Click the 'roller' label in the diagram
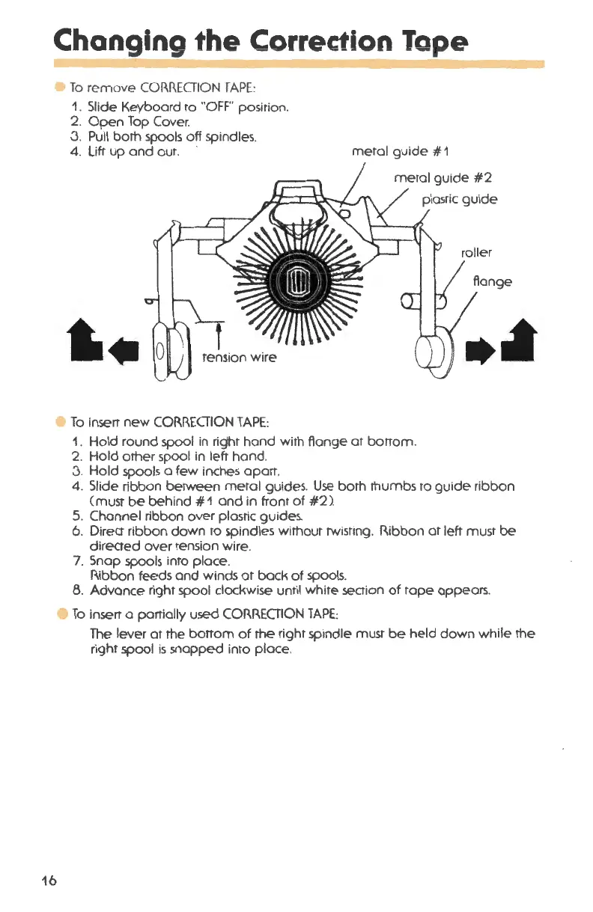click(476, 251)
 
